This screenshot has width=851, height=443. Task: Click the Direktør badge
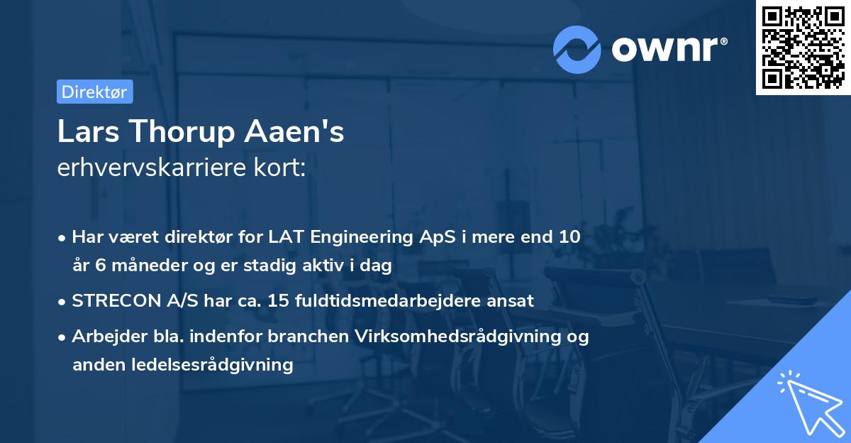tap(94, 92)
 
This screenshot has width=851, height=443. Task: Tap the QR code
tap(803, 48)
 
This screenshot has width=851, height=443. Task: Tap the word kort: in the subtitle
tap(282, 168)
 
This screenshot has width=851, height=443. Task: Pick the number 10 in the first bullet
tap(569, 237)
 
